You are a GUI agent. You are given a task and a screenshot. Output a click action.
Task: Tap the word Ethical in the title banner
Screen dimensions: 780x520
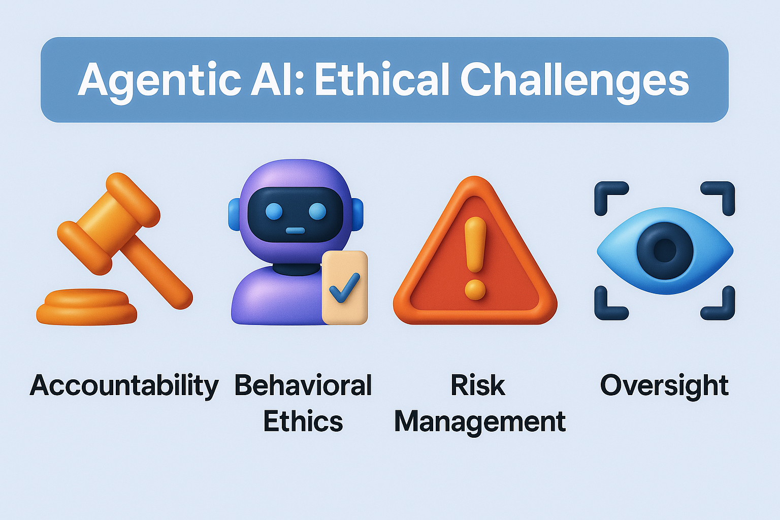381,79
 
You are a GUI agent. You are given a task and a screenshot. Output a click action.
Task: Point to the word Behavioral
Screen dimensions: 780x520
303,385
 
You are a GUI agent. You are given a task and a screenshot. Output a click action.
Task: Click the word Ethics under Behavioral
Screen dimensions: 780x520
303,421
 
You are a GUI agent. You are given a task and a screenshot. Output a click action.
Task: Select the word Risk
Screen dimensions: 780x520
478,385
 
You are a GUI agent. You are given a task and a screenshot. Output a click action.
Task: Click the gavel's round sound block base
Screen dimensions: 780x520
86,307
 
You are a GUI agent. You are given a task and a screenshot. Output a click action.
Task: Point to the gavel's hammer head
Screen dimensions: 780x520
109,223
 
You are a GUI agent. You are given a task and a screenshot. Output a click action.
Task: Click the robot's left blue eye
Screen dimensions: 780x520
274,211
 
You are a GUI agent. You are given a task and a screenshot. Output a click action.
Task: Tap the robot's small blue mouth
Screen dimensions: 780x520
295,231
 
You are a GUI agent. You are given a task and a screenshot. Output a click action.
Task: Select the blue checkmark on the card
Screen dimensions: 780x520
344,288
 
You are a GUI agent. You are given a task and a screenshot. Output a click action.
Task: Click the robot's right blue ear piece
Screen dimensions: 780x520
358,214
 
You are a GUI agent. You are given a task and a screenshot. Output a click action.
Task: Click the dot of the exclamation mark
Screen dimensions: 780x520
475,290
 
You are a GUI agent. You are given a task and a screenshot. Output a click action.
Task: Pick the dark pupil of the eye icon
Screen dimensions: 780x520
665,250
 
